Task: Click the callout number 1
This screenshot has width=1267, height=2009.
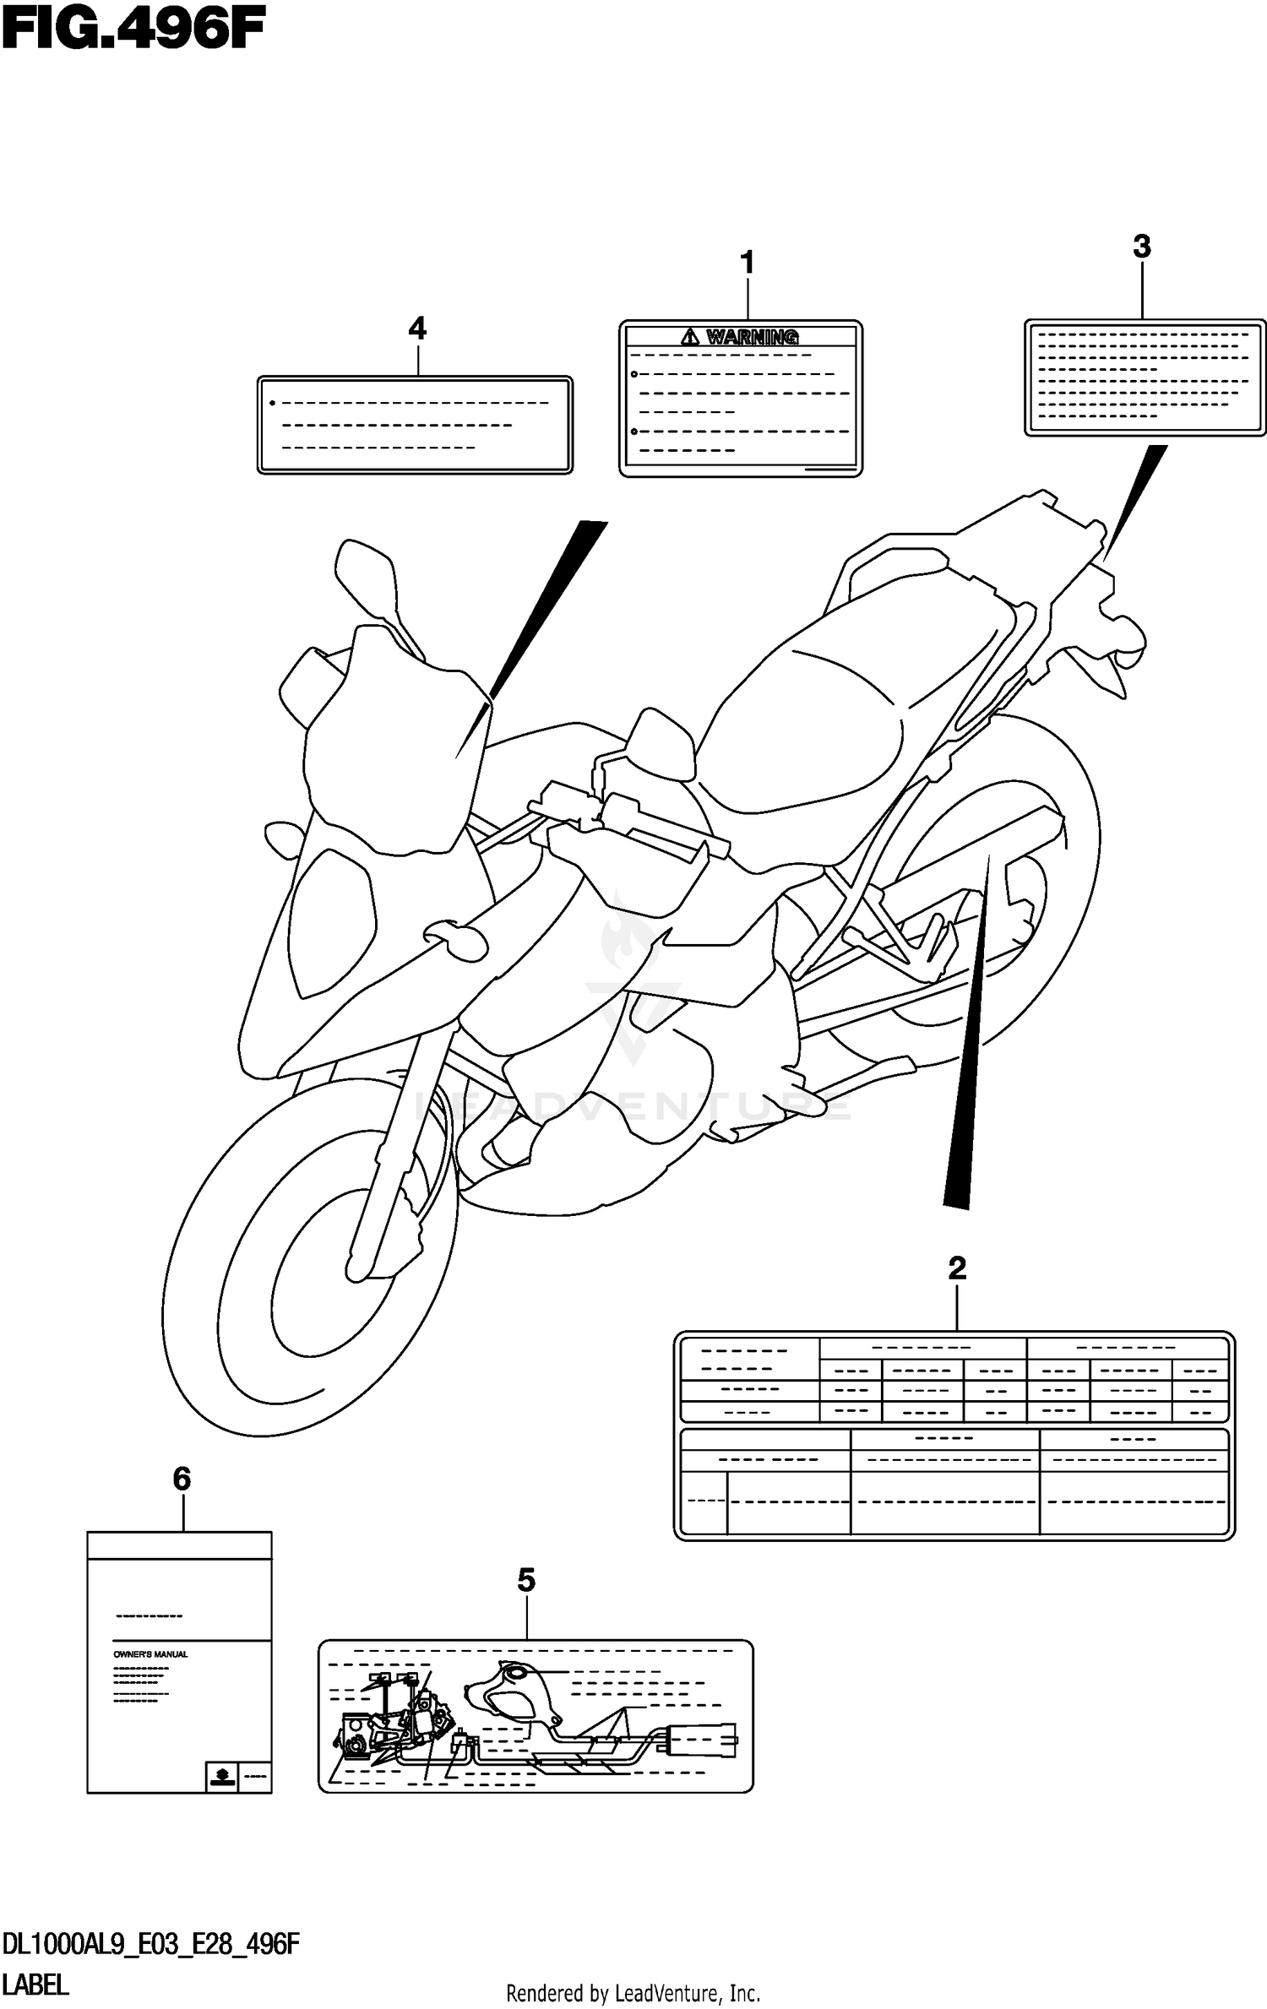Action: point(747,263)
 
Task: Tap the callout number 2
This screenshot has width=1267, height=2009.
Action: point(956,1268)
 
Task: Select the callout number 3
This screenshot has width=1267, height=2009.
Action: point(1141,247)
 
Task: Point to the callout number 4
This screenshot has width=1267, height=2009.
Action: point(416,328)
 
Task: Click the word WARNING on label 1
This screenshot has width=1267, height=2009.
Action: point(752,338)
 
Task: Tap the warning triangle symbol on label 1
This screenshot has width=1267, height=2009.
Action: point(691,338)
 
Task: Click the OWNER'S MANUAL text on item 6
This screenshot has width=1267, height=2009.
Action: point(150,1654)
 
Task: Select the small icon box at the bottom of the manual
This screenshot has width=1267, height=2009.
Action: point(220,1777)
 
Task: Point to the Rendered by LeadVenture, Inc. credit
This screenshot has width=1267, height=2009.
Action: point(633,1994)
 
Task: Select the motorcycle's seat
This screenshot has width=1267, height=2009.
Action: point(811,718)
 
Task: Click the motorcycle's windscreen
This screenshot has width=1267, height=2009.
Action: point(397,743)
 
